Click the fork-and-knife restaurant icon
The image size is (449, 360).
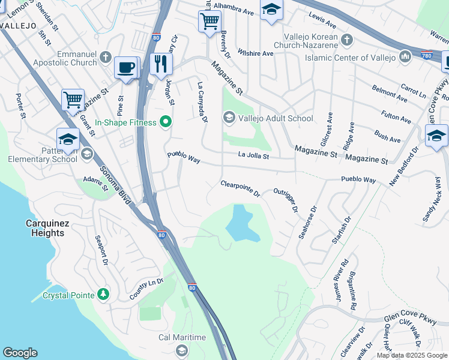coord(160,64)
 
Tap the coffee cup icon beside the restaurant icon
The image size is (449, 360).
coord(126,67)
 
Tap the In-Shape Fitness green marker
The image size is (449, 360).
coord(165,123)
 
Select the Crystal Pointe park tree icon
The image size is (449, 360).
coord(104,295)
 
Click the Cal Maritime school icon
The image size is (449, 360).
coord(181,350)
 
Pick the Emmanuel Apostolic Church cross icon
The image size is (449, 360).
coord(105,58)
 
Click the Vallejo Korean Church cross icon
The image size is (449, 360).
coord(346,40)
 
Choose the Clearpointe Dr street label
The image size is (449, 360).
coord(240,189)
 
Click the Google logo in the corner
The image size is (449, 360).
coord(20,352)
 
